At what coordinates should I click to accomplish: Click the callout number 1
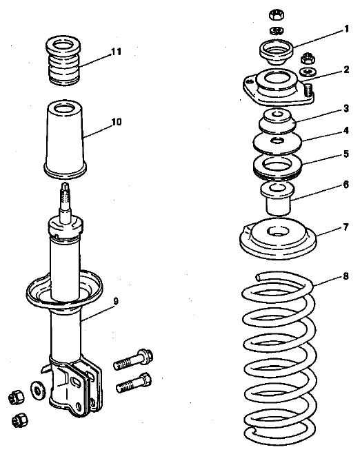(x=346, y=29)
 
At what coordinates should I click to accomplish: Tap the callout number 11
(x=116, y=52)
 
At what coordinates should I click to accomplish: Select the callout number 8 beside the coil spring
(x=346, y=276)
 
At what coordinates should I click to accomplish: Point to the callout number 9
(x=116, y=302)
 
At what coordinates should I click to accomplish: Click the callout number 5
(x=346, y=154)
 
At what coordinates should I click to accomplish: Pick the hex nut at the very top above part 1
(x=277, y=14)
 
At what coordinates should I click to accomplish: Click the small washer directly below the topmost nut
(x=277, y=30)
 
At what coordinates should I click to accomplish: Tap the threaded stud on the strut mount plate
(x=309, y=90)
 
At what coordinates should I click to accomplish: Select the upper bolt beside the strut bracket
(x=133, y=359)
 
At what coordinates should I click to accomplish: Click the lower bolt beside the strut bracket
(x=134, y=383)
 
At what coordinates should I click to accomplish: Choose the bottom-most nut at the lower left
(x=20, y=420)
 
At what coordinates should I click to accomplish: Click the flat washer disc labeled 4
(x=277, y=143)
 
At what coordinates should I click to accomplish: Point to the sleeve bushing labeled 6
(x=278, y=199)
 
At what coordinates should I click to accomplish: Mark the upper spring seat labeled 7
(x=278, y=238)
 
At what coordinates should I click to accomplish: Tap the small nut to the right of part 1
(x=308, y=59)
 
